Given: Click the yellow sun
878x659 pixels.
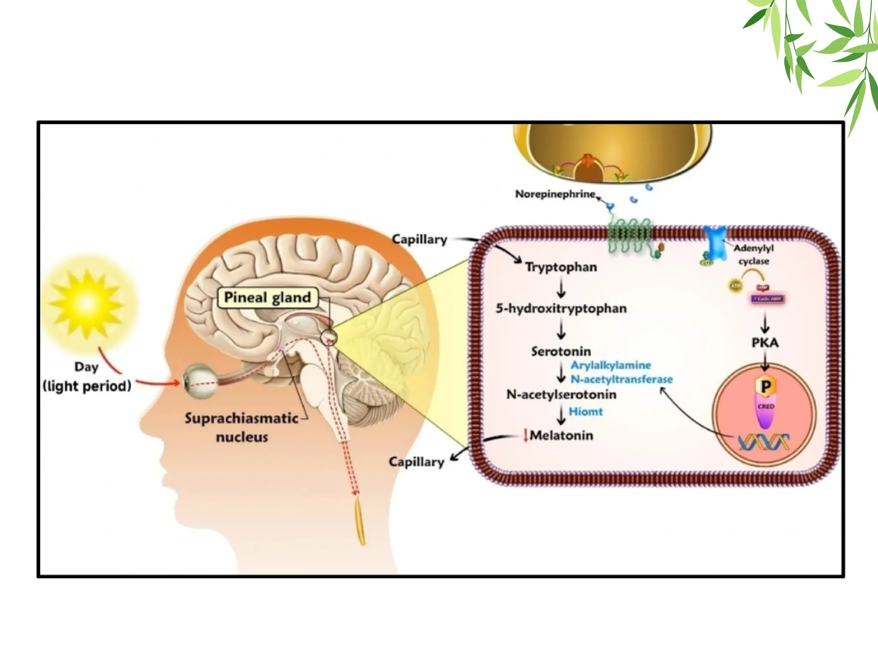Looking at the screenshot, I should (87, 304).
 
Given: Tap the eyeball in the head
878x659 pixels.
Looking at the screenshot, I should (199, 381).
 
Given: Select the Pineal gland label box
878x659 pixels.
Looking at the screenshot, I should (268, 297).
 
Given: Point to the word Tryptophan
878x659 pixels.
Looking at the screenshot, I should (561, 267).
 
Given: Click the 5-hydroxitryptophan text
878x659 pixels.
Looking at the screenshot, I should (561, 308).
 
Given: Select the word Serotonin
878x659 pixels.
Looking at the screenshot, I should (561, 351).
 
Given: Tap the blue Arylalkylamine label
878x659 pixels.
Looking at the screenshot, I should (610, 365).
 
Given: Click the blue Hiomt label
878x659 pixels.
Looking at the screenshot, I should (586, 411).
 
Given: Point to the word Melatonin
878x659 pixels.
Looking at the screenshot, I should (562, 435).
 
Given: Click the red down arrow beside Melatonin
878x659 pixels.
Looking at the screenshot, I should (525, 435).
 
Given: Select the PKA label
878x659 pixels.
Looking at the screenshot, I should (765, 342).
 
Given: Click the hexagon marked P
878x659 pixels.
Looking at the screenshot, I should (765, 386).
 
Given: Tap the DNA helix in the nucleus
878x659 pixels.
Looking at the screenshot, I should (764, 442).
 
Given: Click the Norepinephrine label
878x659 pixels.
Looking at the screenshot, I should (555, 194).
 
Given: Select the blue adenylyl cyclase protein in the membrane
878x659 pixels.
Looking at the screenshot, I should (716, 242).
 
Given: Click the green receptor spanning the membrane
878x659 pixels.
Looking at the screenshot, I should (629, 235).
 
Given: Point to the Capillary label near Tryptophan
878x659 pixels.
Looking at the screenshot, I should (420, 239).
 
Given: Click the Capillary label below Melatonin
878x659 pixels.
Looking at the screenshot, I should (416, 462).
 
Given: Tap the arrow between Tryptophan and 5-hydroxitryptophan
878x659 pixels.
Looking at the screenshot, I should (561, 287).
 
